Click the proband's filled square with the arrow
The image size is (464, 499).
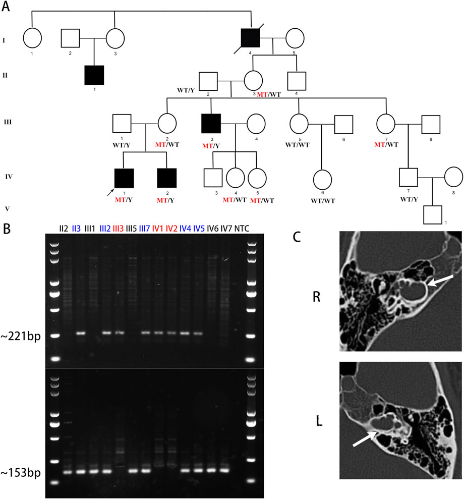[x=124, y=178]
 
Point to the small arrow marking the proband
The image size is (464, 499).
[x=110, y=192]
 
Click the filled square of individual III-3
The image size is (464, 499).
[x=211, y=124]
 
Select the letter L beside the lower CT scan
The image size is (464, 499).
[x=319, y=420]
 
